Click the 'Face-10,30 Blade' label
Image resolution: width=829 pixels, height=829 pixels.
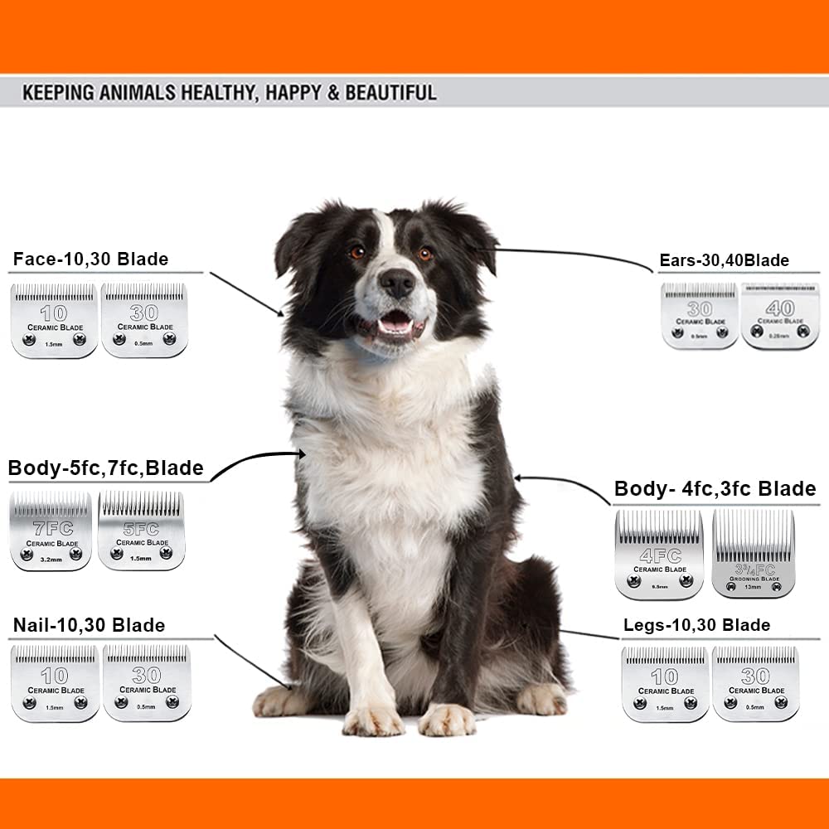point(90,259)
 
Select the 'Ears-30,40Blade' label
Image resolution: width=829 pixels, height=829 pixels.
point(724,260)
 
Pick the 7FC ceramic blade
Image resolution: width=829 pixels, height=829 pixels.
point(51,531)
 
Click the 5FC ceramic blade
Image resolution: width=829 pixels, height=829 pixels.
point(141,531)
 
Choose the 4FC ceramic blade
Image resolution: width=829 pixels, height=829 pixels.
point(659,554)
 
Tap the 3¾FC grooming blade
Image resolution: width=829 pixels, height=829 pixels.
point(753,554)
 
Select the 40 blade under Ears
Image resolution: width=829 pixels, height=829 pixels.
point(779,316)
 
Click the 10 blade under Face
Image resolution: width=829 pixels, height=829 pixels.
point(54,321)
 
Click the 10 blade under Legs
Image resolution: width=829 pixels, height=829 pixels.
point(665,684)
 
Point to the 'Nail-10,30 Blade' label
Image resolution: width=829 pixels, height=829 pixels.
point(89,625)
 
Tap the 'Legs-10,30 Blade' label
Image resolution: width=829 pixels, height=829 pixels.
point(696,625)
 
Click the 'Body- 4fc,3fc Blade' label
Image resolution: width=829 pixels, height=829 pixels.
point(715,489)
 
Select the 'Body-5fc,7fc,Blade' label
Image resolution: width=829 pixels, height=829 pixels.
point(105,468)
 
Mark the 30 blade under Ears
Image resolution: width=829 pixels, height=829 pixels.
point(700,316)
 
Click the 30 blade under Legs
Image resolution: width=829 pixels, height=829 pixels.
point(755,684)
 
